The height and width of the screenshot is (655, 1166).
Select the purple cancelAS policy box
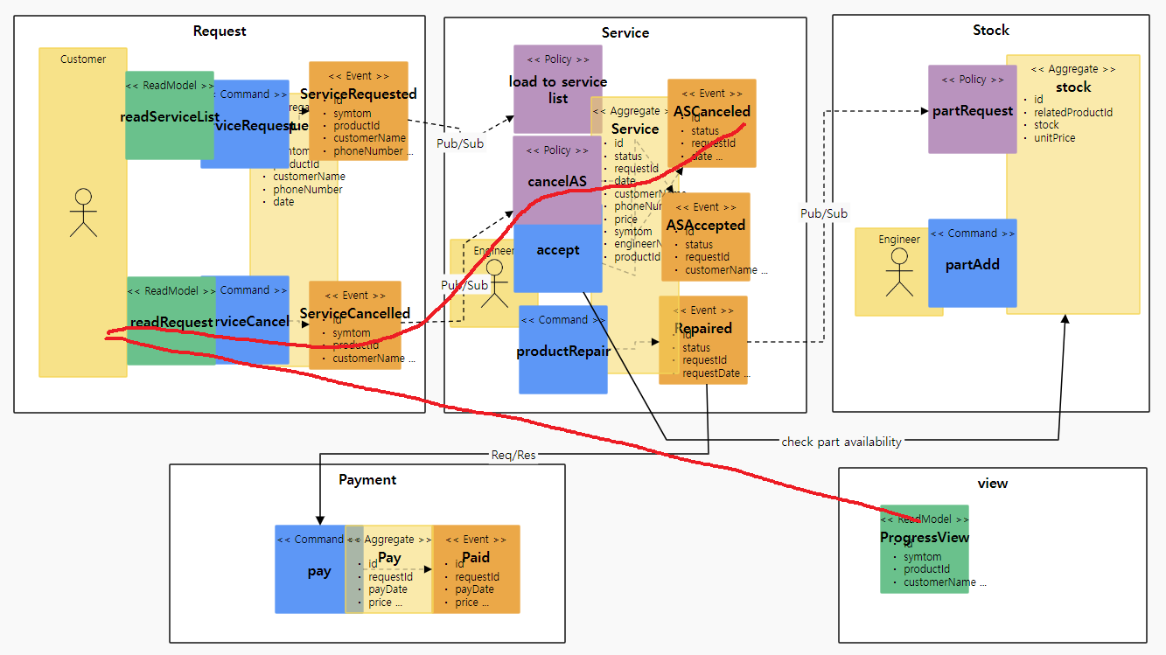[x=557, y=180]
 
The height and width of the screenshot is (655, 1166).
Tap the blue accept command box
[x=557, y=259]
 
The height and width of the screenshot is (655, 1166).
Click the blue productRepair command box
[x=562, y=350]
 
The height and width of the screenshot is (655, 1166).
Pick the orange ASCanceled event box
[x=711, y=123]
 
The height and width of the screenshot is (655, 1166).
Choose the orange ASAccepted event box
[x=705, y=237]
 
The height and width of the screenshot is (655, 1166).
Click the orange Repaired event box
[x=703, y=340]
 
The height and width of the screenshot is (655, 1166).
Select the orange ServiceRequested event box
[x=359, y=110]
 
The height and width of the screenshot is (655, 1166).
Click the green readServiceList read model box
[x=169, y=115]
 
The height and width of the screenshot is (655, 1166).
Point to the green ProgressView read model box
[x=925, y=549]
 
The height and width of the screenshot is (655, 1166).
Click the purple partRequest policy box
[x=972, y=109]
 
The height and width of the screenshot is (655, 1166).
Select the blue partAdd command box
[x=972, y=263]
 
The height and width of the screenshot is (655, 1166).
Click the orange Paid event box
[x=476, y=569]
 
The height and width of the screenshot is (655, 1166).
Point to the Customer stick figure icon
[x=83, y=213]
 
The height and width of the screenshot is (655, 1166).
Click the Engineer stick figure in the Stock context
[x=898, y=272]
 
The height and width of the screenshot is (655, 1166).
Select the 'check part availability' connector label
[x=841, y=442]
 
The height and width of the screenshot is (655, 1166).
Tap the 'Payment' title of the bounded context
[x=367, y=479]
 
